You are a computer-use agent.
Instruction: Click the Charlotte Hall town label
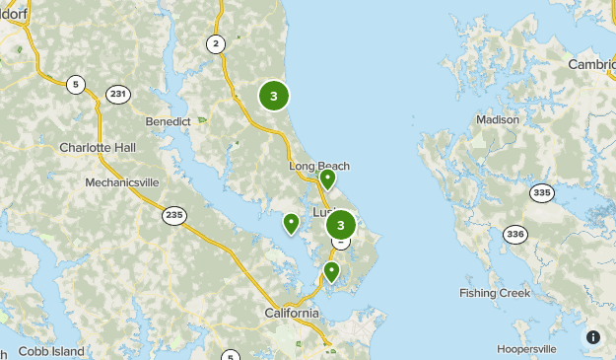(98, 147)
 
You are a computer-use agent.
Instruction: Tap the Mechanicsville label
(121, 182)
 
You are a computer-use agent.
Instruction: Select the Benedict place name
(168, 121)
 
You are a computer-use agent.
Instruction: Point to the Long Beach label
(319, 166)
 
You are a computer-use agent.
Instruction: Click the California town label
(292, 313)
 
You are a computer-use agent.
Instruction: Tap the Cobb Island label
(51, 351)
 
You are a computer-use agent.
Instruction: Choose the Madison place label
(498, 119)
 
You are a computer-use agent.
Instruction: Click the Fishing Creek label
(495, 293)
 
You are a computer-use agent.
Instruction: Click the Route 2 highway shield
(216, 42)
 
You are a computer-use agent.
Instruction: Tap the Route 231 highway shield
(118, 95)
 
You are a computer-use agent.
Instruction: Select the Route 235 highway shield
(174, 215)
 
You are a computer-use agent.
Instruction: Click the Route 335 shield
(540, 192)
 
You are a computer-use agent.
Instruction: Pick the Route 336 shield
(514, 234)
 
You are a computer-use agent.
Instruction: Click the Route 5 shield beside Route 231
(76, 84)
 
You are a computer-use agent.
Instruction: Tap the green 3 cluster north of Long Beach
(274, 96)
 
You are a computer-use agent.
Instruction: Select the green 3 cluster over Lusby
(341, 225)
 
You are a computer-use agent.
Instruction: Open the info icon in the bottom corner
(593, 337)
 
